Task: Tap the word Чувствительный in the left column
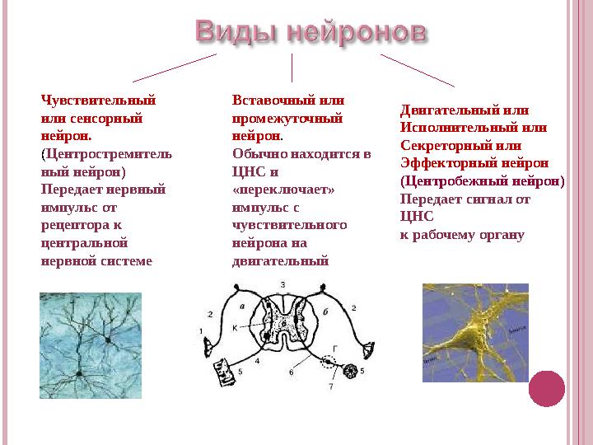pyautogui.click(x=97, y=101)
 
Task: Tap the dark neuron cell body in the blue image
pyautogui.click(x=107, y=338)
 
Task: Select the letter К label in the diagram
pyautogui.click(x=235, y=327)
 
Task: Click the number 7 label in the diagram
pyautogui.click(x=331, y=386)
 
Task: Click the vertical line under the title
pyautogui.click(x=292, y=68)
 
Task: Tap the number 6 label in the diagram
pyautogui.click(x=292, y=372)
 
